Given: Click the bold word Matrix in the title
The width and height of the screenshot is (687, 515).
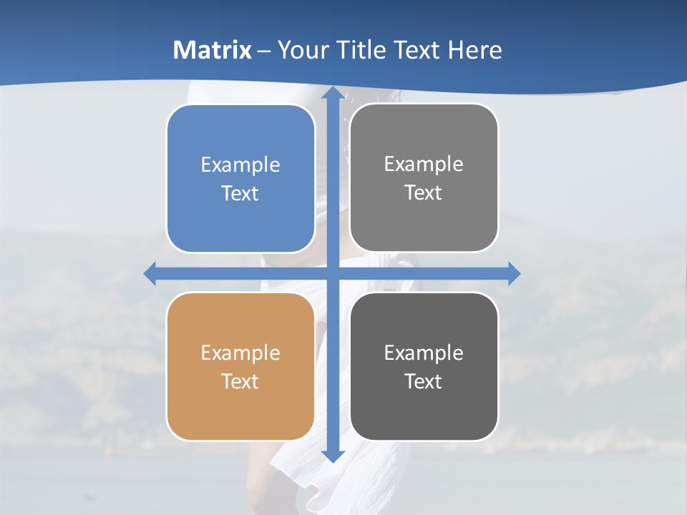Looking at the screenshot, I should (213, 50).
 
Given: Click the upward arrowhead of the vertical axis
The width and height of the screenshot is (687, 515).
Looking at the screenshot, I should (332, 95).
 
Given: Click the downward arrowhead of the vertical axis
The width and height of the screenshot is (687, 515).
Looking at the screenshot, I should (332, 456).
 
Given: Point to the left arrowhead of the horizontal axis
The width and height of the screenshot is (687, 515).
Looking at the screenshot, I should (150, 273).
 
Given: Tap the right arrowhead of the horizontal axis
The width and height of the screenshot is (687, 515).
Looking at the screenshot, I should (513, 273).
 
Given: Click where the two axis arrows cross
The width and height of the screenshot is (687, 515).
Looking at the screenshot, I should (332, 273).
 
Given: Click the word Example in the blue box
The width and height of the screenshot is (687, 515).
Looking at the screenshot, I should (240, 165).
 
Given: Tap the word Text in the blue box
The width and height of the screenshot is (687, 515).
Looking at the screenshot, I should (240, 193).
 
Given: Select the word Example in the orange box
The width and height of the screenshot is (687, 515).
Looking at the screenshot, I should (240, 353).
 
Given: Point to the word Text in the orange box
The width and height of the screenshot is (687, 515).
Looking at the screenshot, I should (240, 381).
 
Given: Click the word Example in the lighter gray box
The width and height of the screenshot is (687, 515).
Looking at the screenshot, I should (424, 165).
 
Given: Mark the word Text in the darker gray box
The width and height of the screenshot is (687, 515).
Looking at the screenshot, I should (424, 381).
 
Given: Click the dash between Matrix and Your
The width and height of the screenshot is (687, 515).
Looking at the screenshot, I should (264, 51).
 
